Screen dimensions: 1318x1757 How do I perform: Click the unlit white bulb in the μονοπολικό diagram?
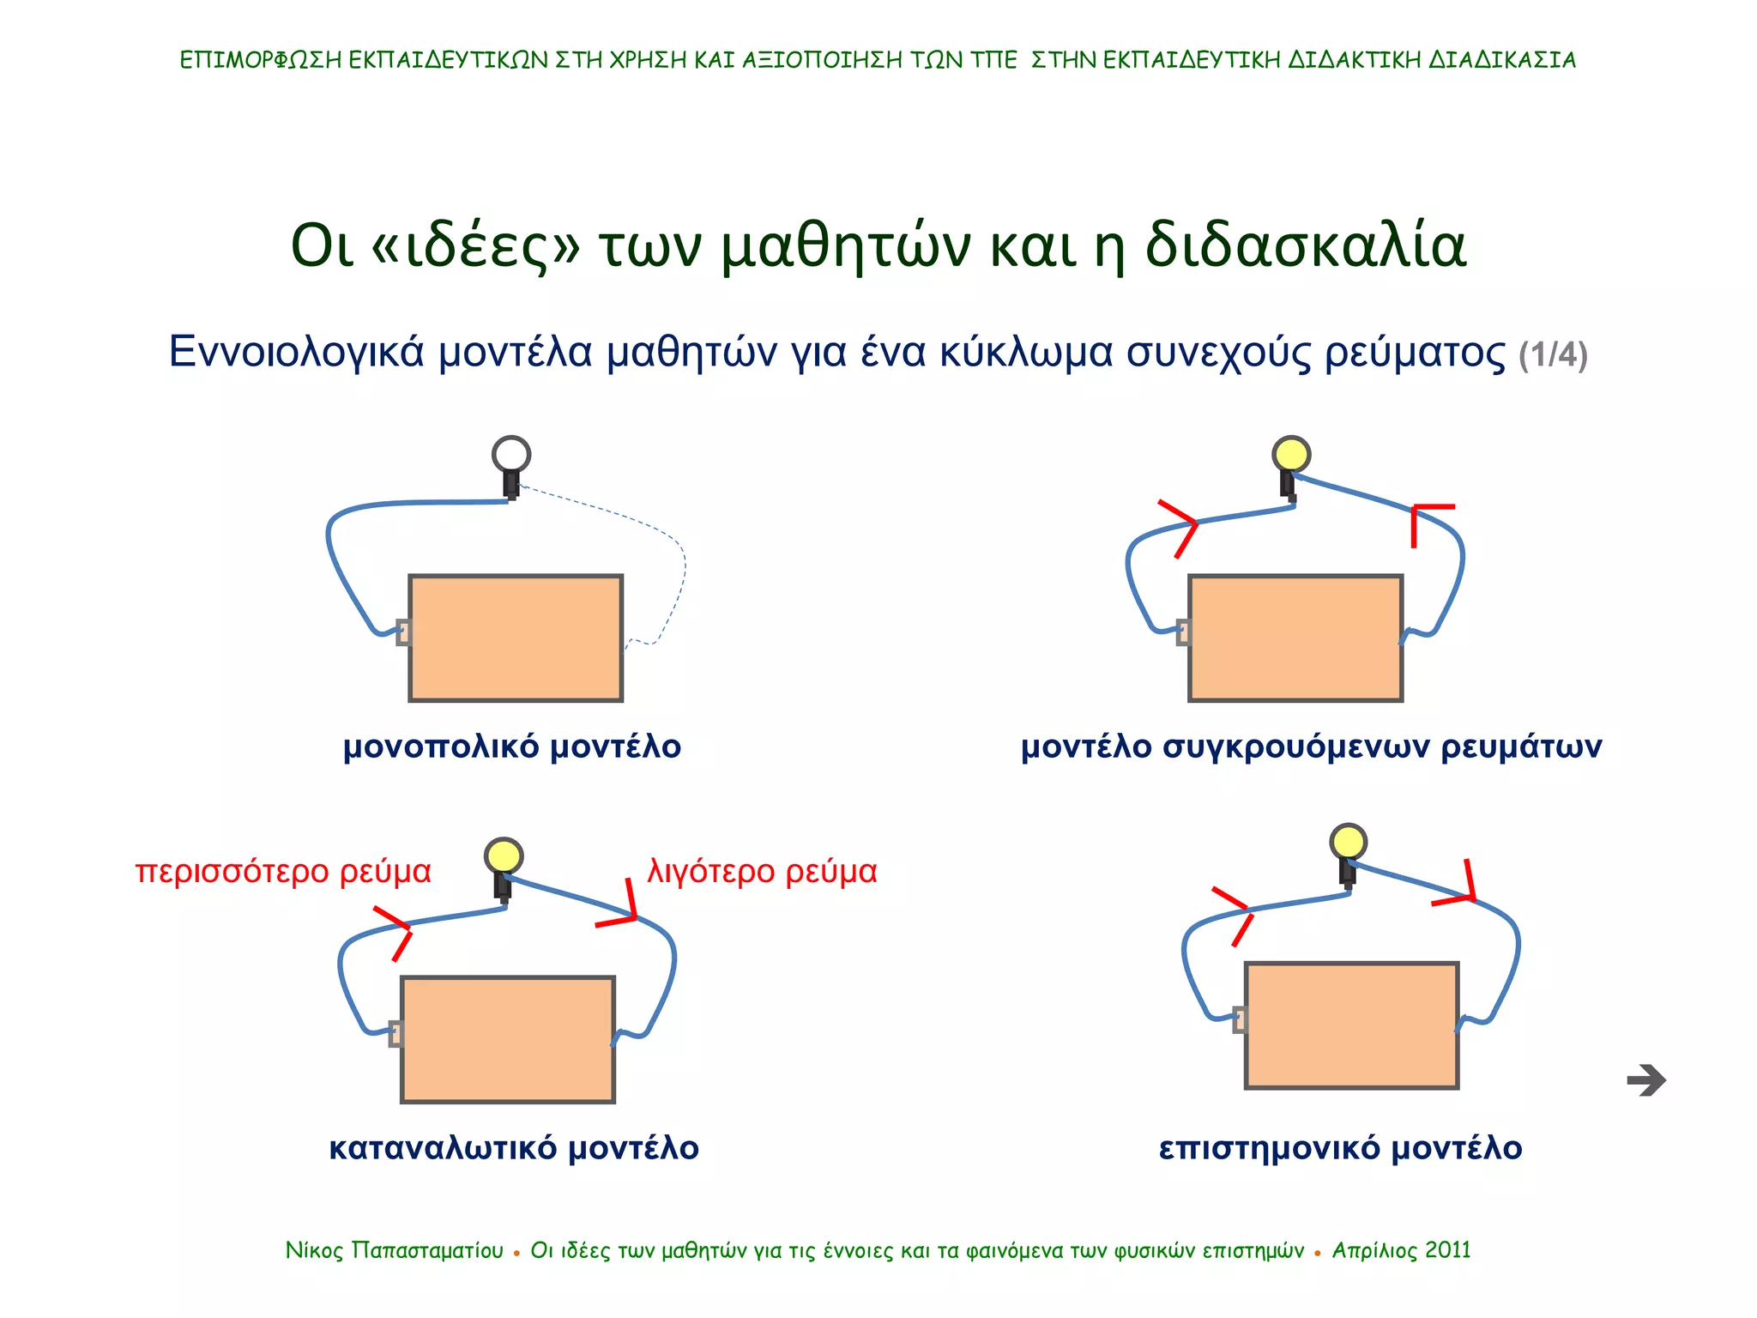511,454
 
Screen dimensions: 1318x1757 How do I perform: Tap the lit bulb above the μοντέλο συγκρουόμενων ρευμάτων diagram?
1291,454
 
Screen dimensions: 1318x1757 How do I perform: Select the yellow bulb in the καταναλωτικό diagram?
503,855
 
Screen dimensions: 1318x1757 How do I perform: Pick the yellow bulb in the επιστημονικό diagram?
1348,842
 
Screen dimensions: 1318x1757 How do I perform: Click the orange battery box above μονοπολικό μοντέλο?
516,638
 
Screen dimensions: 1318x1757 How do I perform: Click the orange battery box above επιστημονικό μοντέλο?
1351,1025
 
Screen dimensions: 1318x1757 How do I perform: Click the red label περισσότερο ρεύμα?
283,872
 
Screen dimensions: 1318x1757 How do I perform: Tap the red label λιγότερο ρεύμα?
762,872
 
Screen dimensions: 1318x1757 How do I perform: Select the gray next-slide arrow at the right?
1645,1080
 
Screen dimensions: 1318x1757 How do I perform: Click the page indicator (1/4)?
1553,355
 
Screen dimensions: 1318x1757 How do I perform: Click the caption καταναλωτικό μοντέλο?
514,1148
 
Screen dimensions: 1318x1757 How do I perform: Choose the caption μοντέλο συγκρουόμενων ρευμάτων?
1311,747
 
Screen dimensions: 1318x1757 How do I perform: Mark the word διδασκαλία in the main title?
1306,246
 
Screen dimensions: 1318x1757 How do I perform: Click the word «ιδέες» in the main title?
476,246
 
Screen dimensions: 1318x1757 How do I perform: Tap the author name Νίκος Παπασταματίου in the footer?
395,1250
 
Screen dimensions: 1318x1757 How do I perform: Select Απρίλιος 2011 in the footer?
1401,1250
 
